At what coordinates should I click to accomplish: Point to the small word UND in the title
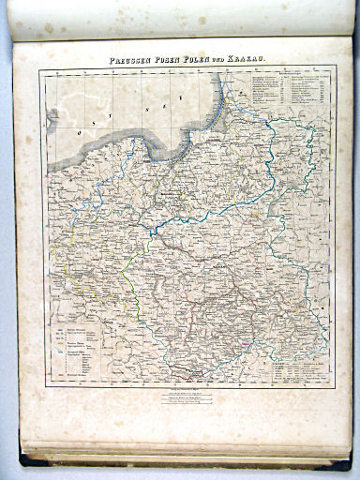(x=223, y=60)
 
